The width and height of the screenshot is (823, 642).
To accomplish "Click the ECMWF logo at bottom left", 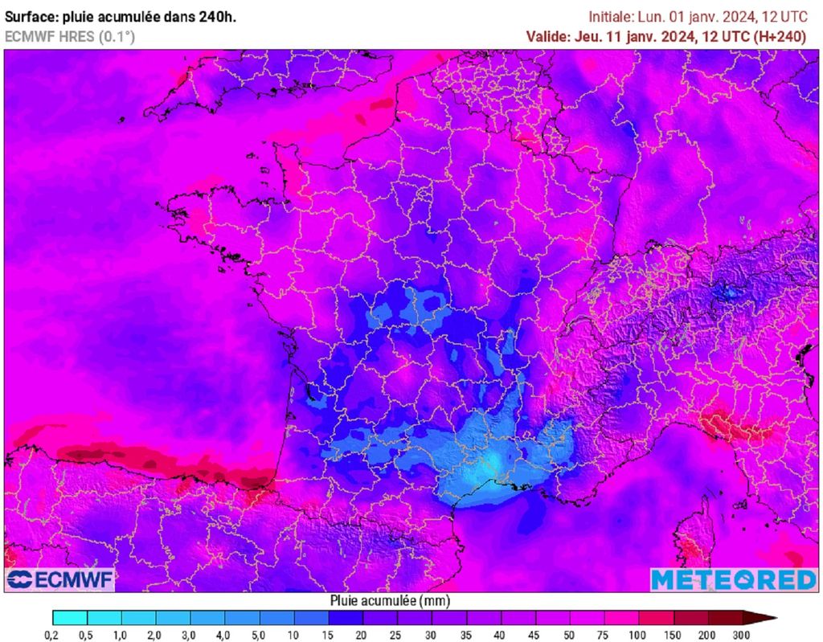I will (x=60, y=579).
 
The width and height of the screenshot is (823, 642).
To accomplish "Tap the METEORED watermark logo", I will (x=732, y=579).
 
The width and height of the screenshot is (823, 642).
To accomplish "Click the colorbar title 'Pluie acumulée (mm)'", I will (x=389, y=600).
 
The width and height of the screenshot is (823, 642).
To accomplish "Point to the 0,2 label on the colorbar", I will (x=51, y=635).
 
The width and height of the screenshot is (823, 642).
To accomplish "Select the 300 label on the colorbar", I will (x=742, y=635).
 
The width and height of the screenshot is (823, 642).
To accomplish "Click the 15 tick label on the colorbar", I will (x=329, y=635).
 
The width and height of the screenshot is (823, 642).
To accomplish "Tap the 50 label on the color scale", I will (x=570, y=635).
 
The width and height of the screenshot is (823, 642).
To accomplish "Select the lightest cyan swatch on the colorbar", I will (x=69, y=618).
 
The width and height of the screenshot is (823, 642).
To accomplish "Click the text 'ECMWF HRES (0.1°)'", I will (x=70, y=36).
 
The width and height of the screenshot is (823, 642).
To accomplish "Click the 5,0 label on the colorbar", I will (x=260, y=635).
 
